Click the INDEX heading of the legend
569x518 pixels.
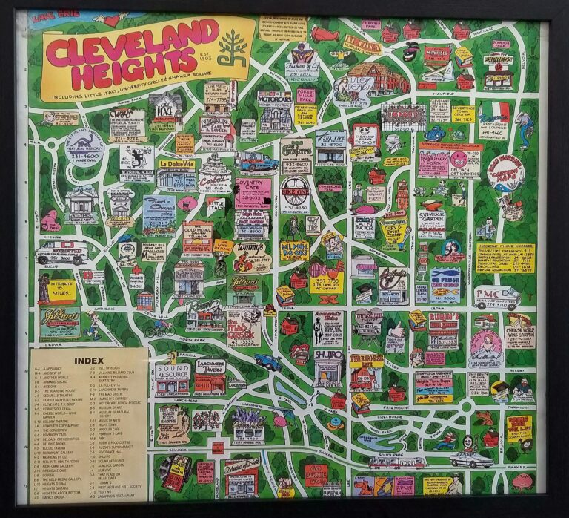(89, 361)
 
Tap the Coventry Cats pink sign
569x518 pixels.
(253, 191)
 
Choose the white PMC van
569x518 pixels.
(496, 297)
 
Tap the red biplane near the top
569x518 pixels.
(326, 34)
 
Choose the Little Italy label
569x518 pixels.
(216, 204)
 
